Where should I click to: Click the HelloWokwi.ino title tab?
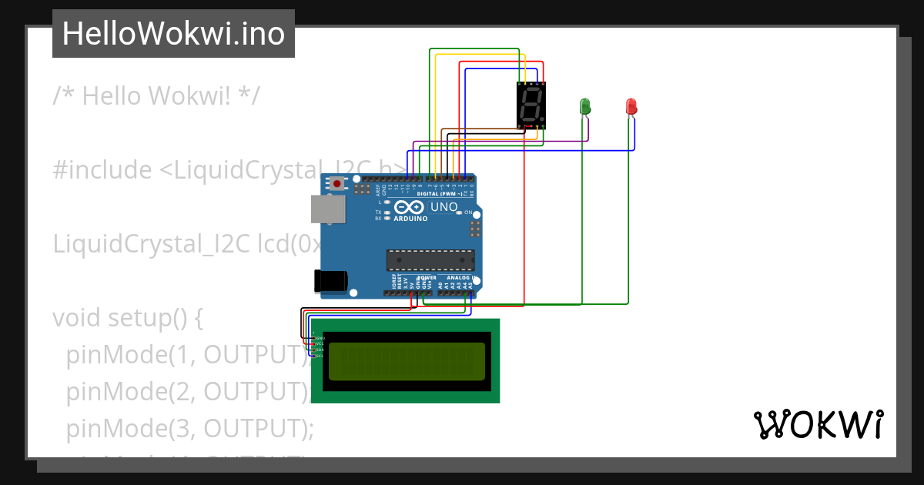[173, 34]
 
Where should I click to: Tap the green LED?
[584, 106]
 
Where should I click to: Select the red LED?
[631, 106]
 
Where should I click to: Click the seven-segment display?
[531, 105]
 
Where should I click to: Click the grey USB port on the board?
[328, 209]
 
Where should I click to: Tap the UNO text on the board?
[444, 207]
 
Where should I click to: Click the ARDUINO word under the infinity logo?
[410, 219]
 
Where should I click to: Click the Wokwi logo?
[818, 424]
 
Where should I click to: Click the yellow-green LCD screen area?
[407, 362]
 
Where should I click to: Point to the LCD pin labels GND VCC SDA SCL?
[320, 347]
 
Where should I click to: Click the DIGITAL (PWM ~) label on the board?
[440, 194]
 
